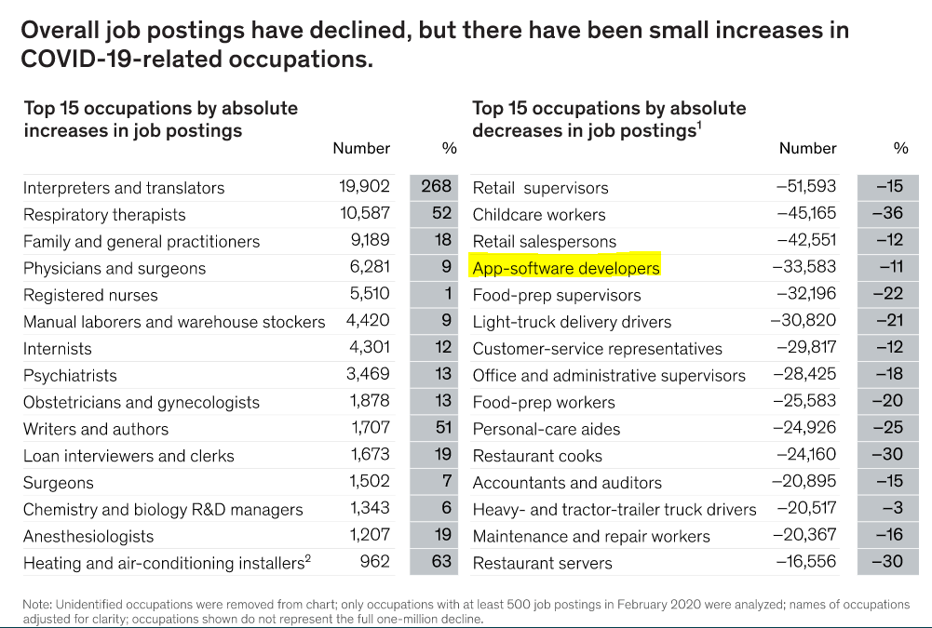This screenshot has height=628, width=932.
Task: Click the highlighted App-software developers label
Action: pos(565,268)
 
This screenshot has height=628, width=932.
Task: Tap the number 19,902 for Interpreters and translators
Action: pos(364,187)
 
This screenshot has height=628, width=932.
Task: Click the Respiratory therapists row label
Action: pos(104,215)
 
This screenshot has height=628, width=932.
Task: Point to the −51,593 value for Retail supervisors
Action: pos(805,187)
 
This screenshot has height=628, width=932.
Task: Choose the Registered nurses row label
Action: pos(90,295)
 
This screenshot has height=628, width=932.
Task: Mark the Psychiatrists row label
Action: pos(70,376)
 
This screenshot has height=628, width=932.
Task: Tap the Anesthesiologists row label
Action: pos(88,537)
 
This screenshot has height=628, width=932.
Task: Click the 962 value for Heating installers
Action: pos(374,562)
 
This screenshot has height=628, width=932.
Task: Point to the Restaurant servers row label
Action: pos(542,564)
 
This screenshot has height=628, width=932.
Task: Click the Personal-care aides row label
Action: pos(546,430)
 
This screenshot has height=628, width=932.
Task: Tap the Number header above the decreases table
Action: pos(807,148)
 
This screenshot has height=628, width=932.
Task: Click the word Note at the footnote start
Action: pos(37,605)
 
